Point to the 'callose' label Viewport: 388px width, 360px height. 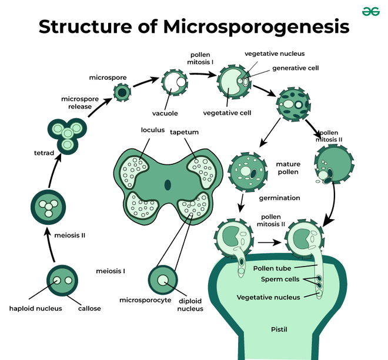(89, 308)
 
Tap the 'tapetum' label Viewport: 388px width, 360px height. (185, 132)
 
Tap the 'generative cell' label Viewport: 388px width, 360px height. (295, 68)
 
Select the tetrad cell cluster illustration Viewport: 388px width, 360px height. (66, 134)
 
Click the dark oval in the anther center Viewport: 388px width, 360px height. (168, 186)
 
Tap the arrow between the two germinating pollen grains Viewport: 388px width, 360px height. (270, 241)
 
